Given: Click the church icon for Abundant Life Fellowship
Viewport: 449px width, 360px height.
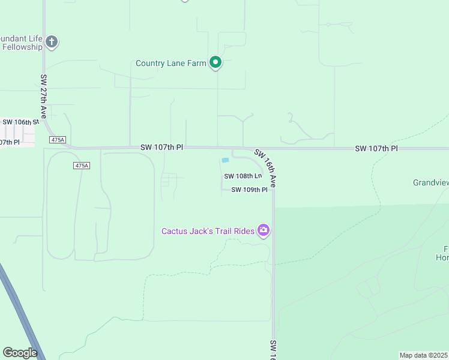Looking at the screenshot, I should tap(52, 42).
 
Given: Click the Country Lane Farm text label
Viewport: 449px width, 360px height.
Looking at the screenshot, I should tap(170, 63).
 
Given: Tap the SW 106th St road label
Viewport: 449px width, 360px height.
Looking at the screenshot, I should tap(20, 122).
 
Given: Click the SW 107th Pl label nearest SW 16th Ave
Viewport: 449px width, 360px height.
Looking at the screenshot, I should tap(161, 147).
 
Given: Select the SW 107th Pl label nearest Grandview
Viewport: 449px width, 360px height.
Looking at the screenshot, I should tap(376, 148).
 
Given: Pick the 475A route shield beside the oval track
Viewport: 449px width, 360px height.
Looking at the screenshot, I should tap(82, 165).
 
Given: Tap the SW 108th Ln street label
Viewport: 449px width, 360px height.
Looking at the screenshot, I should tap(243, 176).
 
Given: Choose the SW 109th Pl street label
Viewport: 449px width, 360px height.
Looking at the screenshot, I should tap(249, 190).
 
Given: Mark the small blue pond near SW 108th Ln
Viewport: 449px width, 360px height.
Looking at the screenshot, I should tap(225, 160).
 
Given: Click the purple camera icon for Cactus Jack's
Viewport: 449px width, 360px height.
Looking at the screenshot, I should tap(263, 230).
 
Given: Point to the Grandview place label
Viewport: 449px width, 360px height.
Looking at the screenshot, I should tap(431, 182).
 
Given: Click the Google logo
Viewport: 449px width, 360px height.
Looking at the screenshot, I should tap(20, 353).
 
